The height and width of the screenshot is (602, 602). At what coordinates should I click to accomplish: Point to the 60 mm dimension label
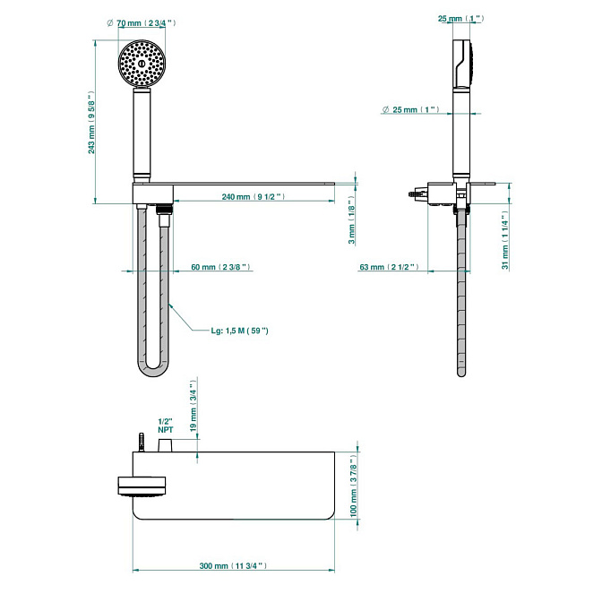tap(220, 267)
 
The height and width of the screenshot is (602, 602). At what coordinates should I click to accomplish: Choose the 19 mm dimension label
tap(193, 408)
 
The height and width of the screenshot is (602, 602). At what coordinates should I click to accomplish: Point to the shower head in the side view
tap(460, 63)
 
